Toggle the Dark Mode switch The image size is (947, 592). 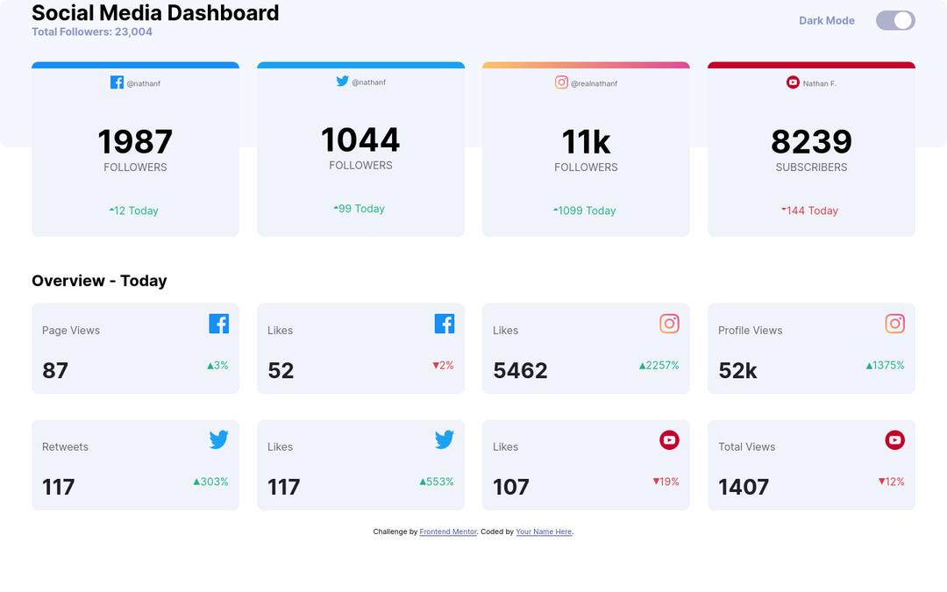pos(895,20)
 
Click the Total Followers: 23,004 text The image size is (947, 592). pos(92,32)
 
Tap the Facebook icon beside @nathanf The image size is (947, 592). pos(117,82)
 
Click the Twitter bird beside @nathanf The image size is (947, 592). pos(342,81)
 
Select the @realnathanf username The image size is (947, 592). pos(594,84)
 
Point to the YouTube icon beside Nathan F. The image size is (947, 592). pos(793,82)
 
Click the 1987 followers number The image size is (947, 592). pos(135,142)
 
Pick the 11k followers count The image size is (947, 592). pos(586,142)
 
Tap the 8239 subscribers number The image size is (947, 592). pos(811,142)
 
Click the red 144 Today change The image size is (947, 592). pos(811,210)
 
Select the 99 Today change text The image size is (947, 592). pos(360,209)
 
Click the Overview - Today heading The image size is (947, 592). pos(99,281)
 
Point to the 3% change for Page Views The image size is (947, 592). pos(218,366)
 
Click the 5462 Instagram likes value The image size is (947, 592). pos(520,371)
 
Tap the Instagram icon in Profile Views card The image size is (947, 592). pos(894,324)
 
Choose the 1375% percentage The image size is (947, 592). pos(886,366)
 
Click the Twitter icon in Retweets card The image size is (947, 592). pos(218,439)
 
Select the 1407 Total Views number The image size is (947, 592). pos(744,488)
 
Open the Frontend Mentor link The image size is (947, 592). pos(448,532)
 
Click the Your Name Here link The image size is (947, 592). pos(544,532)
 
